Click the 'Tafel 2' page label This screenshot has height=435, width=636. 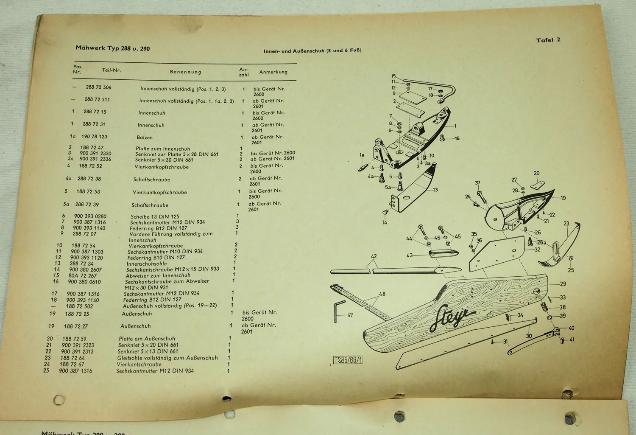548,40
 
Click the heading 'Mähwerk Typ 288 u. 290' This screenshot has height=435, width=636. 113,48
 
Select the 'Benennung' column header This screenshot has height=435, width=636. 186,72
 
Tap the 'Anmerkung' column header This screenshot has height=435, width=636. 273,72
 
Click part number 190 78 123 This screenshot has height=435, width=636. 94,137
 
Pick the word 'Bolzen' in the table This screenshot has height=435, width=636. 145,138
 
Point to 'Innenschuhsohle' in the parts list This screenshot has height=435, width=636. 147,264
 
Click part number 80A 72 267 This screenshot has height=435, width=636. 83,275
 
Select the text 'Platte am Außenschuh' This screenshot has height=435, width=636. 147,339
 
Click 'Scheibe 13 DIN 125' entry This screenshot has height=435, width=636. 155,216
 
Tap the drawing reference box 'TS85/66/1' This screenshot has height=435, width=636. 348,360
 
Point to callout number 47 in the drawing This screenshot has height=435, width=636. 350,315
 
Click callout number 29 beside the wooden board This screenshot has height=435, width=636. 563,284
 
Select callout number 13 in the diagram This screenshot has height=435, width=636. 435,190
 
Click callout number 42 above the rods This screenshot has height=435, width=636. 374,256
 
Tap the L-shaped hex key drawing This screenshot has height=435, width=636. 338,311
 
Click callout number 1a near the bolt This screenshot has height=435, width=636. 362,155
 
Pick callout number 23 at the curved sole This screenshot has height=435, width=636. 566,224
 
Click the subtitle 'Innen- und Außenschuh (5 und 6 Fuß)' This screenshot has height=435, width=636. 312,51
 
